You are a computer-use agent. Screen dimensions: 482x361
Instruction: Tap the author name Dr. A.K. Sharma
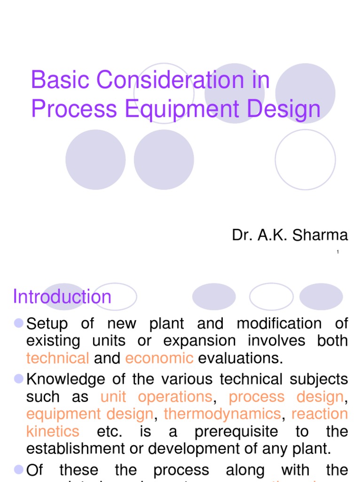click(290, 235)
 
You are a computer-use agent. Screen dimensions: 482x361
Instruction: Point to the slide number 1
click(337, 253)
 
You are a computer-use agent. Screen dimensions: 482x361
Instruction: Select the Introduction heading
click(62, 297)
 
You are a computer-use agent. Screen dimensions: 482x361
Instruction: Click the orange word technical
click(57, 358)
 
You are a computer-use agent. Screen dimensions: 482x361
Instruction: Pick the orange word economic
click(159, 358)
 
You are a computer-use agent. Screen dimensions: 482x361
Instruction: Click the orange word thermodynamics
click(222, 414)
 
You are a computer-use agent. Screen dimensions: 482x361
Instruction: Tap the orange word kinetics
click(53, 432)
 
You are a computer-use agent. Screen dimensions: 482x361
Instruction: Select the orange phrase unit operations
click(157, 397)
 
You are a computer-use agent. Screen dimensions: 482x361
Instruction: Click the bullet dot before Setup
click(19, 323)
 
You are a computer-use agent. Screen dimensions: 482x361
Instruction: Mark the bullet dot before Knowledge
click(19, 378)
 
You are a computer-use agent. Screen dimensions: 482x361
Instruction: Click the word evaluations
click(241, 358)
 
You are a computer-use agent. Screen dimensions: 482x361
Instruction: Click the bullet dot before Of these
click(19, 469)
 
